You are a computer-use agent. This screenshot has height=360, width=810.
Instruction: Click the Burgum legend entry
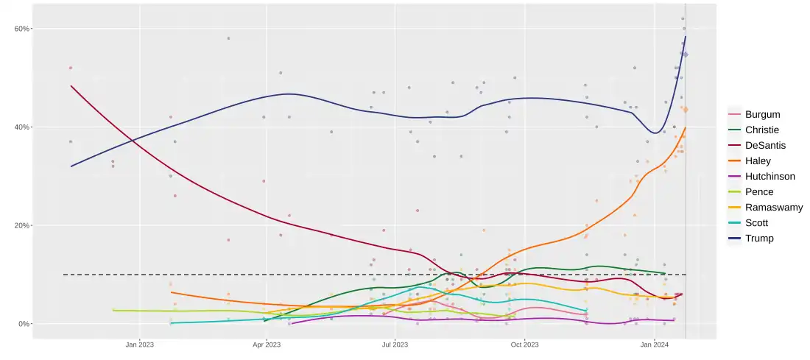[762, 114]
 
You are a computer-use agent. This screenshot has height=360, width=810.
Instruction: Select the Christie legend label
[764, 130]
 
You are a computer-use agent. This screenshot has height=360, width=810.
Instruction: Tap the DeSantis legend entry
[765, 145]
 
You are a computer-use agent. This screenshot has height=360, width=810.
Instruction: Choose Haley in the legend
[758, 160]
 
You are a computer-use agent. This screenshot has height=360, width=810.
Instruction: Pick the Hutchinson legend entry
[770, 176]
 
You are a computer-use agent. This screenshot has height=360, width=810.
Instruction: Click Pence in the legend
[759, 191]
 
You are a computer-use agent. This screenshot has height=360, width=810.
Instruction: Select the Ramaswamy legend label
[773, 207]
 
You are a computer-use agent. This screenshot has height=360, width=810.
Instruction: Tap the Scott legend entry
[758, 222]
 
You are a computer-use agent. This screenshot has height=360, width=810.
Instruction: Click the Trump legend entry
[759, 238]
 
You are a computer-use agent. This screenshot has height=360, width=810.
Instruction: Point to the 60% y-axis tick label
[20, 29]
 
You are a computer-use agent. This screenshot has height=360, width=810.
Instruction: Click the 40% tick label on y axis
[20, 127]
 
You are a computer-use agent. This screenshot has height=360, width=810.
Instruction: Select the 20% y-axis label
[20, 225]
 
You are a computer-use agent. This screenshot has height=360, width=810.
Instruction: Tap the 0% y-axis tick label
[22, 324]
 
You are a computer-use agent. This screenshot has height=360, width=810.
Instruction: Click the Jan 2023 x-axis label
[140, 344]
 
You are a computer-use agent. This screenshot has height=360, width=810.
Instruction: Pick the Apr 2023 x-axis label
[267, 344]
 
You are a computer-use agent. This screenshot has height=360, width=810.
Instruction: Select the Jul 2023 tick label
[395, 344]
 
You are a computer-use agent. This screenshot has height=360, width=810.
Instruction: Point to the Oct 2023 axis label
[525, 344]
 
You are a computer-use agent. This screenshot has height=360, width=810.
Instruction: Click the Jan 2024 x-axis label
[655, 344]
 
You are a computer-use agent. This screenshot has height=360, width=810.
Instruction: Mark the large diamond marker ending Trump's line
[685, 54]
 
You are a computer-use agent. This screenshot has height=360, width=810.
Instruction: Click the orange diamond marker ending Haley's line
[685, 110]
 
